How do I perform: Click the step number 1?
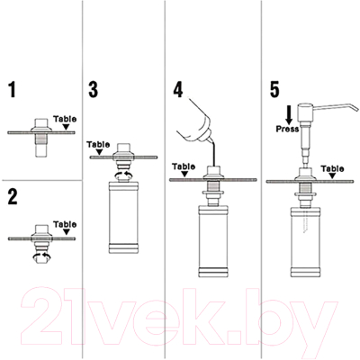click(x=12, y=89)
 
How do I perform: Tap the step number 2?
click(x=13, y=197)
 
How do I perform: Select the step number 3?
click(x=94, y=89)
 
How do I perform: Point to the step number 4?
click(x=178, y=89)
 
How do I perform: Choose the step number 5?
click(x=274, y=89)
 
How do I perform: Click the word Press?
click(x=287, y=129)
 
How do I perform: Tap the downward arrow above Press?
click(x=289, y=115)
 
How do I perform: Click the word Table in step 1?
click(x=65, y=119)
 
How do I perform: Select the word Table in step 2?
click(x=65, y=224)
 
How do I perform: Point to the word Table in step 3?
click(x=98, y=144)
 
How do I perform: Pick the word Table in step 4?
click(x=184, y=166)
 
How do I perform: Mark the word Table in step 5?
click(x=332, y=168)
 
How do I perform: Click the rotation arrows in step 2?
click(x=41, y=256)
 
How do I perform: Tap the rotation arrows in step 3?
click(x=123, y=175)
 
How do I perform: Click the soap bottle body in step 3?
click(x=123, y=218)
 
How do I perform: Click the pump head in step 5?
click(x=305, y=110)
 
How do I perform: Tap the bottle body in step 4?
click(x=213, y=241)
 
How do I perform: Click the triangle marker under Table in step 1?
click(x=65, y=126)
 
